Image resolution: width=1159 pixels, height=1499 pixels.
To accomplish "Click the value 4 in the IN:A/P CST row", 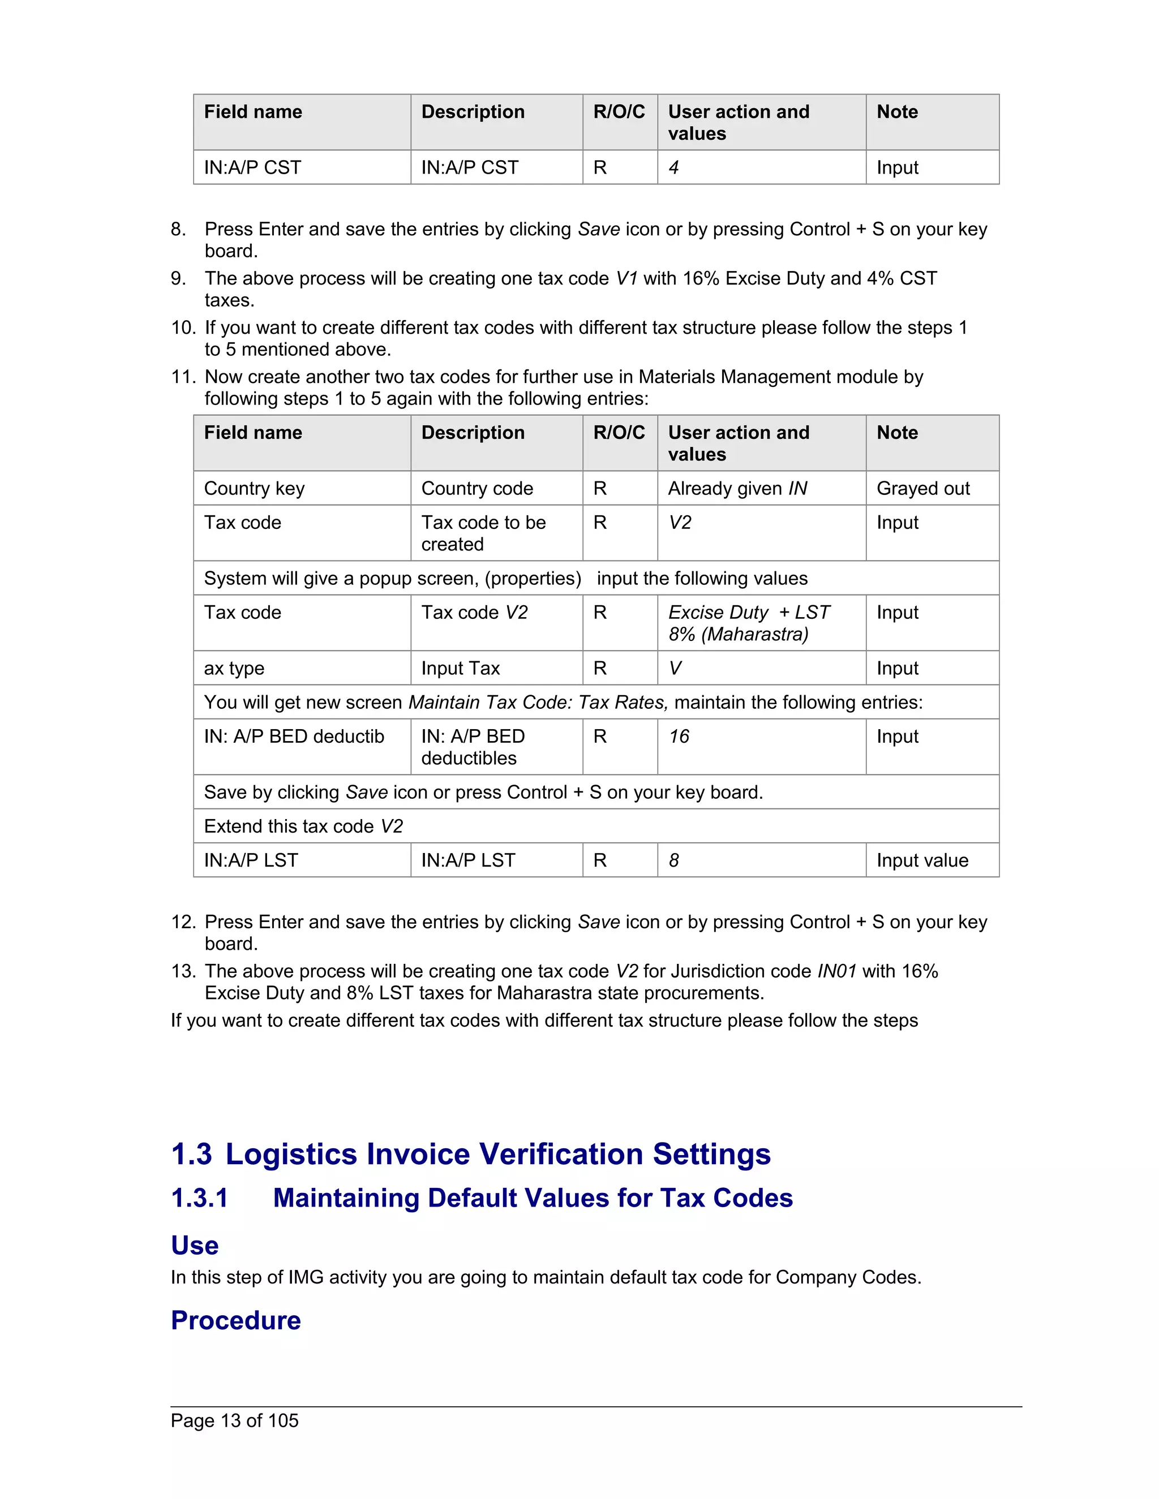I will [x=673, y=167].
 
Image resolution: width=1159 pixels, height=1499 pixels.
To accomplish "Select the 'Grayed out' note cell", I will [x=923, y=488].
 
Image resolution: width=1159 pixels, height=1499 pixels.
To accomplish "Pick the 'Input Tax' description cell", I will [x=460, y=668].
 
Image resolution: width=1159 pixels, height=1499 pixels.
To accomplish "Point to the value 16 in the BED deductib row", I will [x=679, y=736].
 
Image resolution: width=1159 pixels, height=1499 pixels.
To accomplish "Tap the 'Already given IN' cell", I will [x=737, y=488].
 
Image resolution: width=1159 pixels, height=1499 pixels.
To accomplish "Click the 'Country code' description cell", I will [x=477, y=488].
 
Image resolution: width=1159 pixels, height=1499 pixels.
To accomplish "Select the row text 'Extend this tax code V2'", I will [x=303, y=826].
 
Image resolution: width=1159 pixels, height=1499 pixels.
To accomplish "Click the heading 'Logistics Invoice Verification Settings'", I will [x=498, y=1154].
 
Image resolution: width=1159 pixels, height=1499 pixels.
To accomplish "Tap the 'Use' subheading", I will [x=194, y=1245].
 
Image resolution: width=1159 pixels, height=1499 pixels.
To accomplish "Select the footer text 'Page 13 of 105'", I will [x=234, y=1421].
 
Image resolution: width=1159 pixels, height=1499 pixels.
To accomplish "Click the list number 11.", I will [x=183, y=377].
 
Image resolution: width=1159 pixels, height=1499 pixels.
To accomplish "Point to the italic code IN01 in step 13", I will [x=837, y=971].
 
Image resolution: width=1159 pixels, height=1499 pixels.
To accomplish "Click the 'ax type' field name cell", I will [x=234, y=668].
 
